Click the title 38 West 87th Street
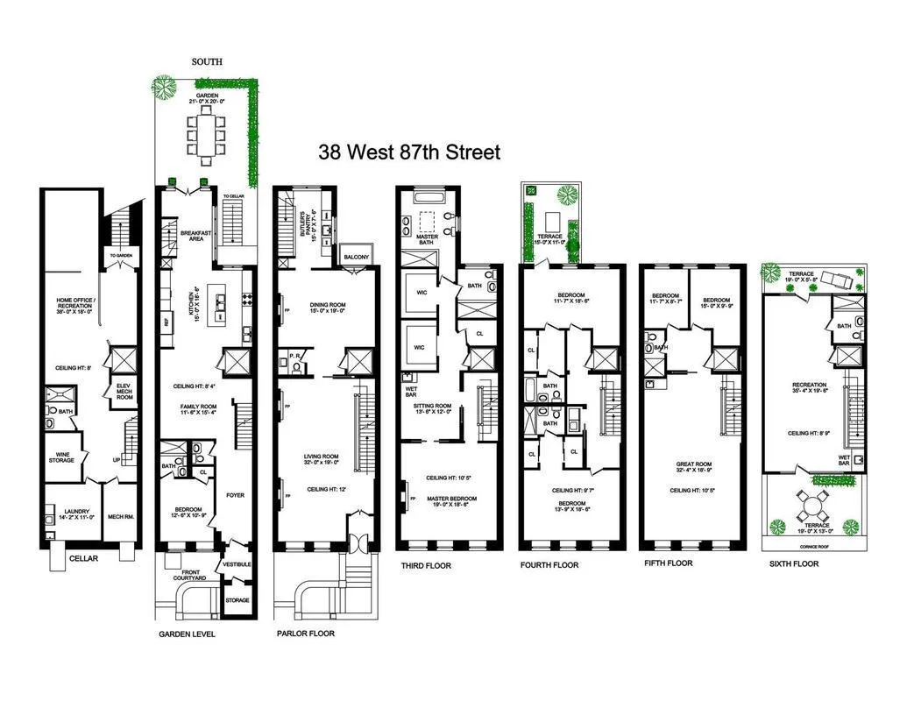[410, 152]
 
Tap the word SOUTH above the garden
[207, 62]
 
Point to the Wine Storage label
[60, 457]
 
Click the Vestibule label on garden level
[237, 564]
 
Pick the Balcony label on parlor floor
[357, 257]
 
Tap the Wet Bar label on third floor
[409, 386]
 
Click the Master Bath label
[428, 239]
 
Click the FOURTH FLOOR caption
[549, 565]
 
